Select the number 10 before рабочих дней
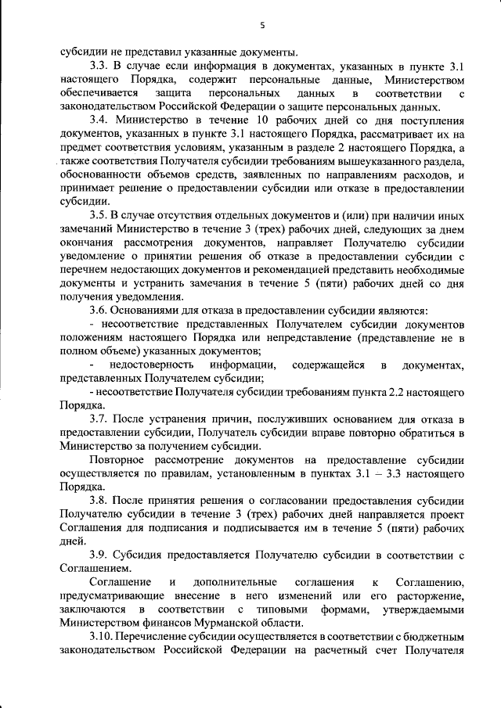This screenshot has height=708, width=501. [x=264, y=120]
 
